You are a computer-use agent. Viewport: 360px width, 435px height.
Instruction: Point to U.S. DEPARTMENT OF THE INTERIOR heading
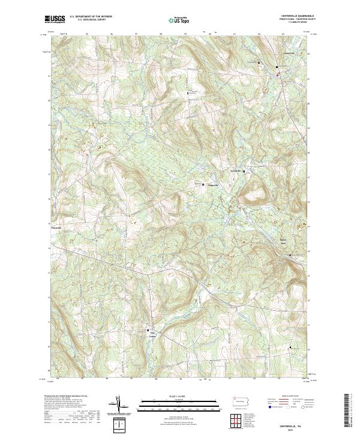click(x=91, y=17)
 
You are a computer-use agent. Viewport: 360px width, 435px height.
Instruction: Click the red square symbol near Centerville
click(x=277, y=75)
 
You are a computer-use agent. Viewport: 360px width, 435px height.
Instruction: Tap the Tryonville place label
click(x=236, y=172)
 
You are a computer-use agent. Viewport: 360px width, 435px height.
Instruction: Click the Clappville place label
click(x=213, y=185)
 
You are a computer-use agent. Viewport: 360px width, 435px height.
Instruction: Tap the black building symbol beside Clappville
click(x=203, y=184)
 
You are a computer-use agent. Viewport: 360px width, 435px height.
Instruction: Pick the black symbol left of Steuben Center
click(x=148, y=331)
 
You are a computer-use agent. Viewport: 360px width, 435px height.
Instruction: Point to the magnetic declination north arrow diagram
click(x=119, y=405)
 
